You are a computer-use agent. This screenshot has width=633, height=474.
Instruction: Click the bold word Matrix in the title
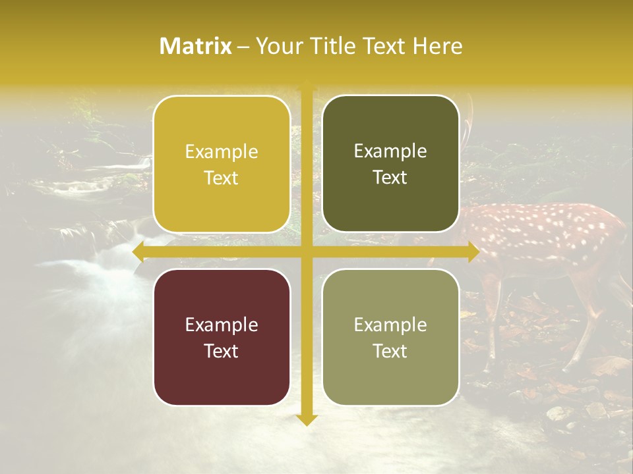[196, 46]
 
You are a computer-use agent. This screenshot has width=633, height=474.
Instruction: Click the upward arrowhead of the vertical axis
[306, 87]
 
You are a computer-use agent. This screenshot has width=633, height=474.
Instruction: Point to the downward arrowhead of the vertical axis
[306, 419]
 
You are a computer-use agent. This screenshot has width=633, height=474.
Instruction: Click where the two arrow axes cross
[306, 251]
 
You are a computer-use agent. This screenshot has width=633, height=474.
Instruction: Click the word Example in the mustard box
[222, 152]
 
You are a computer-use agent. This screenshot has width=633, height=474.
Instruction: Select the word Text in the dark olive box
[390, 178]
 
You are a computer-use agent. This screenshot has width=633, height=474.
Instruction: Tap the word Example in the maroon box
[222, 325]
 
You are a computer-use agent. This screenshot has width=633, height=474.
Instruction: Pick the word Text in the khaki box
[390, 351]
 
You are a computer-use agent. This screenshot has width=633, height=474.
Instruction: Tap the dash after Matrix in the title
[243, 47]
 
